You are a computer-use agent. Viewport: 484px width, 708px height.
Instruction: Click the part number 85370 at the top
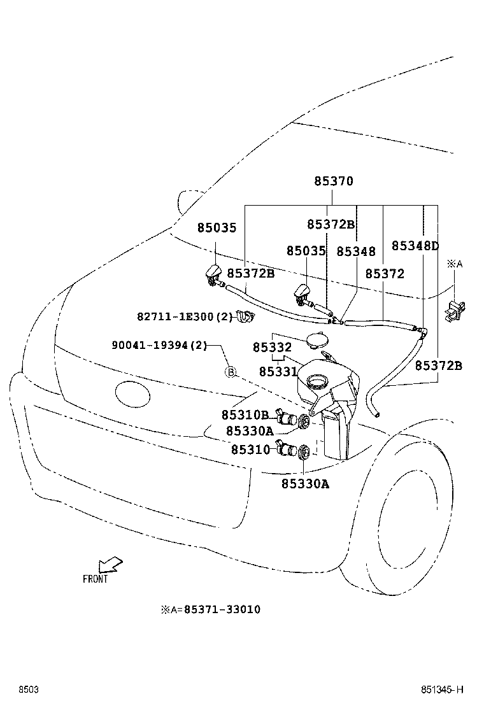point(333,181)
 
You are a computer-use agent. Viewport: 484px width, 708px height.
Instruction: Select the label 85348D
point(415,246)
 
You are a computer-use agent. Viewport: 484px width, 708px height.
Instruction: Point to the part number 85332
point(272,348)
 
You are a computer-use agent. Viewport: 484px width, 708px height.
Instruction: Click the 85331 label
point(278,371)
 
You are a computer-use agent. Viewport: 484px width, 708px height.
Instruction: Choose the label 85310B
point(245,414)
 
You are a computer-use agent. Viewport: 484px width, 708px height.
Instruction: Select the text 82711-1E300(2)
point(185,316)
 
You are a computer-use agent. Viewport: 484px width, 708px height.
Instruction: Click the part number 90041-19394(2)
point(159,345)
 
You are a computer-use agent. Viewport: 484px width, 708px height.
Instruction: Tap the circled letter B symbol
point(231,372)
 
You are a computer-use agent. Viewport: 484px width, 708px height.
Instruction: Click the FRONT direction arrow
point(110,565)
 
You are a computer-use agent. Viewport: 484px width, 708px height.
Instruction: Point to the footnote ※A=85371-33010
point(210,609)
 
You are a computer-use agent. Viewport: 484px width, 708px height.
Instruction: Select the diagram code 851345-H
point(441,690)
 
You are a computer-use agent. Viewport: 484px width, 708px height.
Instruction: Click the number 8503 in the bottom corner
point(29,690)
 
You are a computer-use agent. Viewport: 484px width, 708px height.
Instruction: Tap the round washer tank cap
point(315,339)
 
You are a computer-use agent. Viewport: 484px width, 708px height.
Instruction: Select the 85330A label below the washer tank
point(305,484)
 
